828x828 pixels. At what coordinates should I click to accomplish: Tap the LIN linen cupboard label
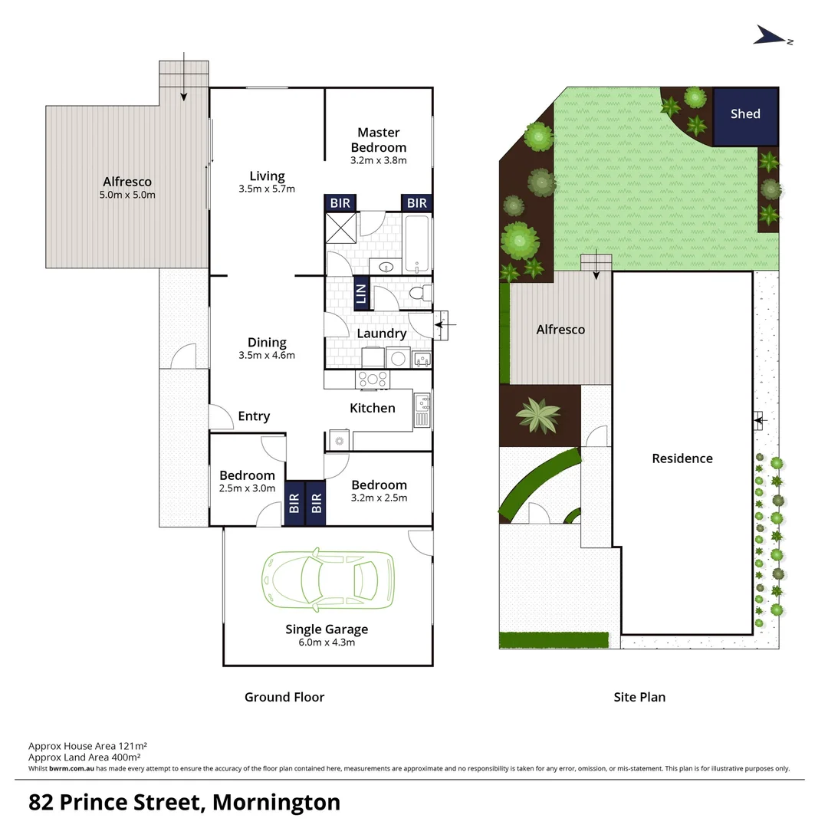[361, 294]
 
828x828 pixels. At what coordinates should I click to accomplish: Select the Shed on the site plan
[745, 115]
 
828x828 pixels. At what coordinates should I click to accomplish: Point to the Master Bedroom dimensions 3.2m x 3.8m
[378, 161]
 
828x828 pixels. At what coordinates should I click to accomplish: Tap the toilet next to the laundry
[419, 294]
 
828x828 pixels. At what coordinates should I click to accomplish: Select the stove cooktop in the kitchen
[373, 378]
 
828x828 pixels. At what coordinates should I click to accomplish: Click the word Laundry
[381, 333]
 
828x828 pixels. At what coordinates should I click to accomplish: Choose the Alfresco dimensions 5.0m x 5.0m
[127, 195]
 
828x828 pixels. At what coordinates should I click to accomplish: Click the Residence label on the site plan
[682, 458]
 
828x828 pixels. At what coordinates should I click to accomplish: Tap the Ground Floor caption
[284, 697]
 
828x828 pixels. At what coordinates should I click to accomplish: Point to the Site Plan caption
[639, 697]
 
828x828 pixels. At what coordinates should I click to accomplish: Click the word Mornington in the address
[276, 802]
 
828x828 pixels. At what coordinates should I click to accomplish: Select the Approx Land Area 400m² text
[87, 757]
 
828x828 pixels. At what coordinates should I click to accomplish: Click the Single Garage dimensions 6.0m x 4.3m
[327, 642]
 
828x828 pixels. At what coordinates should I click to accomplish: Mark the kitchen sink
[422, 409]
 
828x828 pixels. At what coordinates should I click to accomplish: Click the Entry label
[254, 416]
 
